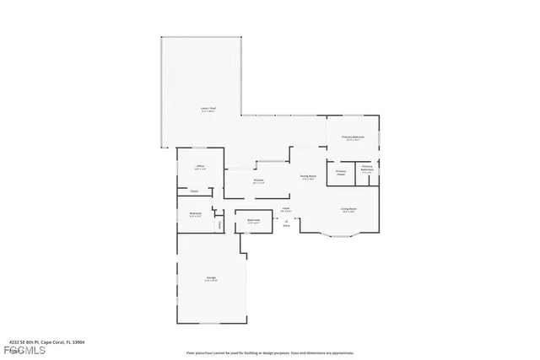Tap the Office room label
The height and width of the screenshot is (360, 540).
201,167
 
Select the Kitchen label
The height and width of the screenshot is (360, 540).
258,180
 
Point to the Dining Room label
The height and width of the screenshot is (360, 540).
307,176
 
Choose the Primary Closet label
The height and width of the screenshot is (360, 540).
341,173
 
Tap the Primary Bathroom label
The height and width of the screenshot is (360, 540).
367,168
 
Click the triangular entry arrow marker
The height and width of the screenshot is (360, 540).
286,221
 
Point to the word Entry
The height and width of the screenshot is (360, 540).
286,226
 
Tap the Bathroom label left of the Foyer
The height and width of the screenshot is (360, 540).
253,221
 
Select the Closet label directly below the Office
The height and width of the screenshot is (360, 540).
194,191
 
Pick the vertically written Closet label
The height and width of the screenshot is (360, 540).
220,224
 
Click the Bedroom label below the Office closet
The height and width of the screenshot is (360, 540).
195,214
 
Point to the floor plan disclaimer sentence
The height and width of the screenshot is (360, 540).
270,352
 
